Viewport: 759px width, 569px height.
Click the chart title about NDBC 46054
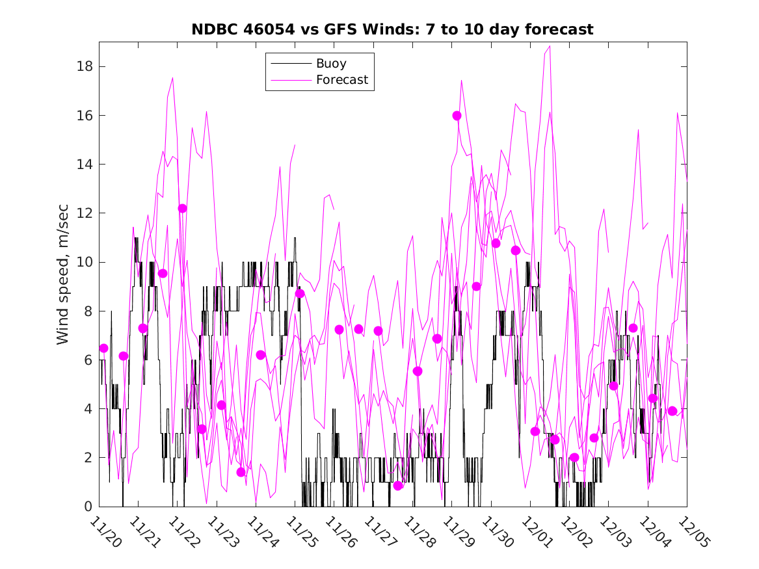392,29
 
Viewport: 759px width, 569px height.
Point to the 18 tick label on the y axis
85,66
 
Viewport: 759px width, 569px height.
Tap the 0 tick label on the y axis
88,507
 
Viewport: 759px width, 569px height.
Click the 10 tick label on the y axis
85,262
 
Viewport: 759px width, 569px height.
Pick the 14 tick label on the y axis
85,164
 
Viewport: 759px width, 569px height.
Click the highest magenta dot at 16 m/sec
457,115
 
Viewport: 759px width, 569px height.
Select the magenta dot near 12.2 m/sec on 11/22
182,208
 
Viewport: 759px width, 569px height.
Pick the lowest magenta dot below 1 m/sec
398,486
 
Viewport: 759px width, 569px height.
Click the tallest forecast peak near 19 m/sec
550,46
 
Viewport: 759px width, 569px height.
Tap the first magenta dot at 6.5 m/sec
103,348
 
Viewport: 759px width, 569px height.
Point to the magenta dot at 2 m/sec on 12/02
574,457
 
